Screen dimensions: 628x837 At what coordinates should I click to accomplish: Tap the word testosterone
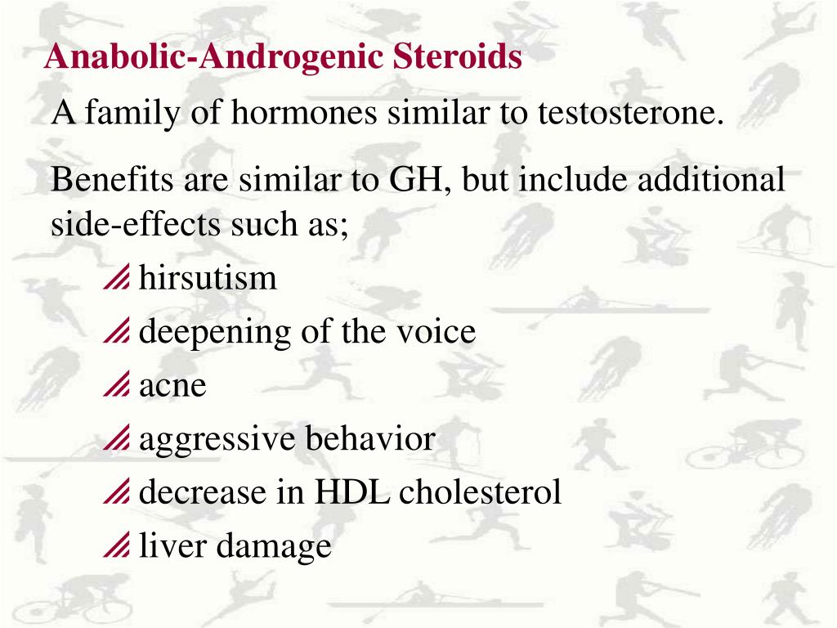630,112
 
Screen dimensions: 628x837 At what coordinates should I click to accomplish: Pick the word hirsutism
208,279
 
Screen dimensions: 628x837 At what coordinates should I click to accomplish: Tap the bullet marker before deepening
117,334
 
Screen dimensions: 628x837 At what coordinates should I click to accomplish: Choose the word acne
172,386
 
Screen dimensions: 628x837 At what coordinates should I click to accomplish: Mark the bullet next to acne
117,388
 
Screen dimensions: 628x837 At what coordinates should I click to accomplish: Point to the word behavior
370,439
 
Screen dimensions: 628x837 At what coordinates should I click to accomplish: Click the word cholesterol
481,492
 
